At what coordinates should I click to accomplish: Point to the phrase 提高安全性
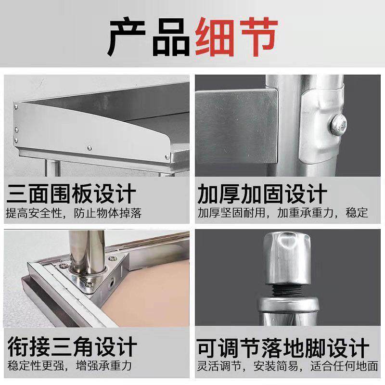[x=33, y=213]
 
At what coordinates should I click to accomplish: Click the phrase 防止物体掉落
[x=108, y=213]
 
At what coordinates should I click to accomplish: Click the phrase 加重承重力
[x=308, y=213]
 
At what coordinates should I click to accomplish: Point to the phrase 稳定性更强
[x=33, y=365]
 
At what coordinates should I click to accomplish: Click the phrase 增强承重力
[x=103, y=365]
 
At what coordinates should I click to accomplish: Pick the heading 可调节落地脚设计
[x=283, y=347]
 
